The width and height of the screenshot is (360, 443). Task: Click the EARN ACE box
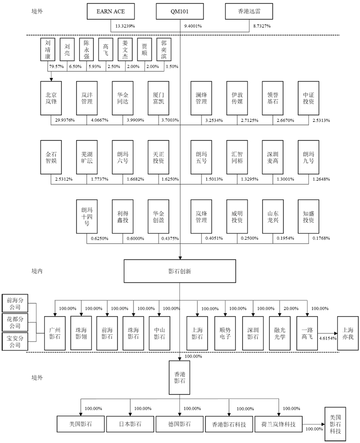pos(111,12)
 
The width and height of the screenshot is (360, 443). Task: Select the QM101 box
pos(180,12)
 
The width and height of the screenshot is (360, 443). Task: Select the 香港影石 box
pos(180,378)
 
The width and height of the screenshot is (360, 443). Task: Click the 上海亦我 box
pos(348,333)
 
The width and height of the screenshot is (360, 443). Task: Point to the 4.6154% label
pos(327,339)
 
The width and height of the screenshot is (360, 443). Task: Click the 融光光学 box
pos(279,333)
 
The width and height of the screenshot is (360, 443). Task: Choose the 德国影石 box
pos(179,424)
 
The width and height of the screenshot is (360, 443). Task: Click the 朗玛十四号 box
pos(87,216)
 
